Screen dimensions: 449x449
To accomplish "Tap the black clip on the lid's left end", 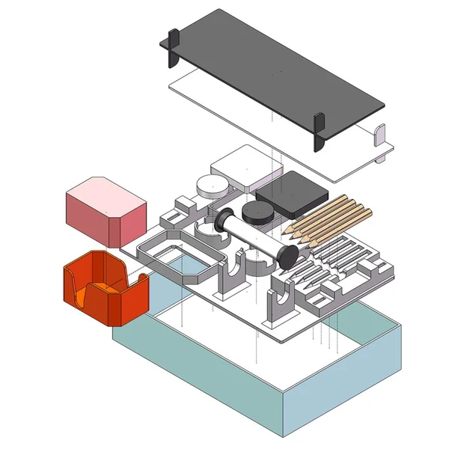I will (x=174, y=46).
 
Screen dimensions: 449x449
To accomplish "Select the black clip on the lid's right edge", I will (x=320, y=132).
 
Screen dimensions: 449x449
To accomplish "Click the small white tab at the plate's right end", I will (x=379, y=140).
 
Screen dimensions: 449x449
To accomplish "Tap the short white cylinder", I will (x=211, y=186).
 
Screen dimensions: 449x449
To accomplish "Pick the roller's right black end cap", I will (x=287, y=256).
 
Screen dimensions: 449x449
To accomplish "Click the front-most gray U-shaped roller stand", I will (x=281, y=307).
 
